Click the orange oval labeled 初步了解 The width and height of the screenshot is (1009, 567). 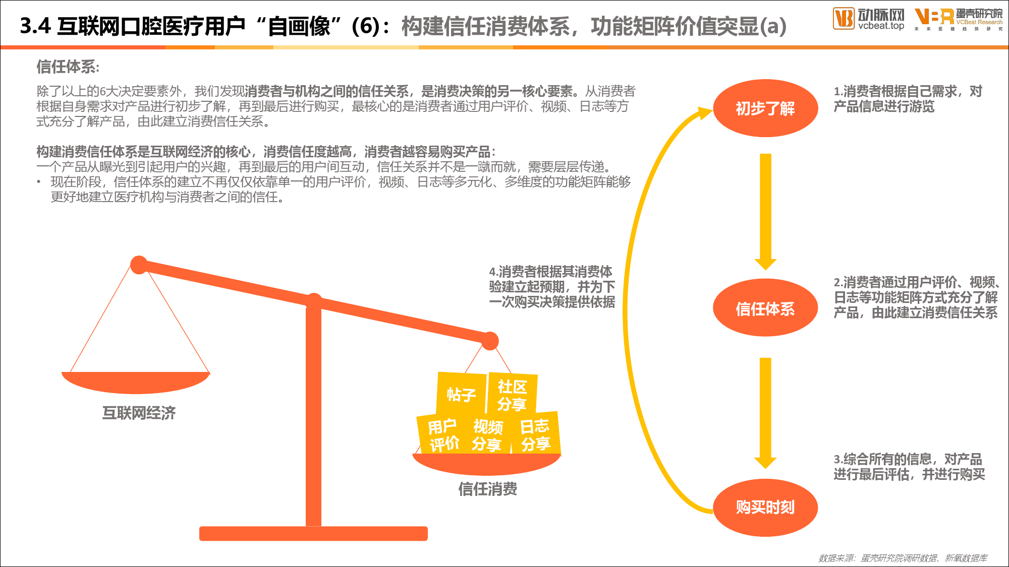tap(765, 108)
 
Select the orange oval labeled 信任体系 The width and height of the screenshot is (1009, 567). tap(765, 307)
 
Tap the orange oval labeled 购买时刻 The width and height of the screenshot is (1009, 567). tap(765, 508)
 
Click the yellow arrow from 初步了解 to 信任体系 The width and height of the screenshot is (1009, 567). tap(766, 212)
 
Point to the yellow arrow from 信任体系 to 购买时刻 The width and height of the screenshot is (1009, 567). tap(766, 413)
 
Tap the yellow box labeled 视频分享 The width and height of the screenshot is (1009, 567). tap(487, 435)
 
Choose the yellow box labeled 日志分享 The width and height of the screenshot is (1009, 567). tap(535, 434)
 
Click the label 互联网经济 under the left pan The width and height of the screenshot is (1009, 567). tap(139, 413)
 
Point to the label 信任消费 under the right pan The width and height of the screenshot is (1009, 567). tap(487, 488)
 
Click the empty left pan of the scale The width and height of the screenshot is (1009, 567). tap(135, 382)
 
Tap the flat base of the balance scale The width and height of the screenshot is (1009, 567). tap(313, 533)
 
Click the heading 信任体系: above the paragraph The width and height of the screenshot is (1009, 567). tap(68, 67)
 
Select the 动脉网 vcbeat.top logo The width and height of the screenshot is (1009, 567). tap(868, 19)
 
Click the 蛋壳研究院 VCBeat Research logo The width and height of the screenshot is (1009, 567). tap(959, 19)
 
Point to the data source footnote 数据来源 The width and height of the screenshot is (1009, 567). tap(903, 558)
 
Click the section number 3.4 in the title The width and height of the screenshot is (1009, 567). tap(35, 26)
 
